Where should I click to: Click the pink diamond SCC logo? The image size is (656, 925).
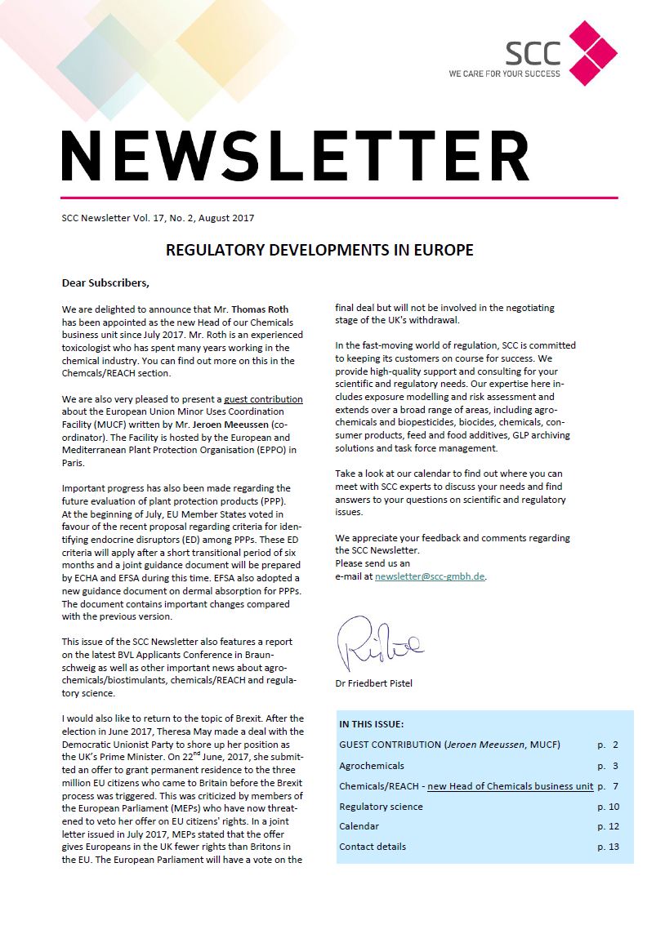(592, 53)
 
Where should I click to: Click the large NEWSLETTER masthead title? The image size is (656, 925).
(295, 155)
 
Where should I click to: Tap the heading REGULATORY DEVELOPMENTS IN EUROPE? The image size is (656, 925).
(319, 250)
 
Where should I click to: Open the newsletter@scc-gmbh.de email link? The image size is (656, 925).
(430, 576)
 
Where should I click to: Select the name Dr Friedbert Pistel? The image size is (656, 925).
(374, 683)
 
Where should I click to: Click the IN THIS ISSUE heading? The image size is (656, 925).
(371, 724)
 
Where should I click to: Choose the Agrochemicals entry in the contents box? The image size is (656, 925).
(372, 766)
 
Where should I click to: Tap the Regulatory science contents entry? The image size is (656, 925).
(381, 807)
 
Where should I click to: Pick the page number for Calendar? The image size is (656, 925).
(608, 827)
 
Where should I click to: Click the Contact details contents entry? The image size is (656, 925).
(373, 847)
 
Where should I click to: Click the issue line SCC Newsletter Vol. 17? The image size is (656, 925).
(158, 218)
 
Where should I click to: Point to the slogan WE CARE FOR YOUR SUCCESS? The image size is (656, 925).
(504, 73)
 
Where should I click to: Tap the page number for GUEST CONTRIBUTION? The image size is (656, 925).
(608, 745)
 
